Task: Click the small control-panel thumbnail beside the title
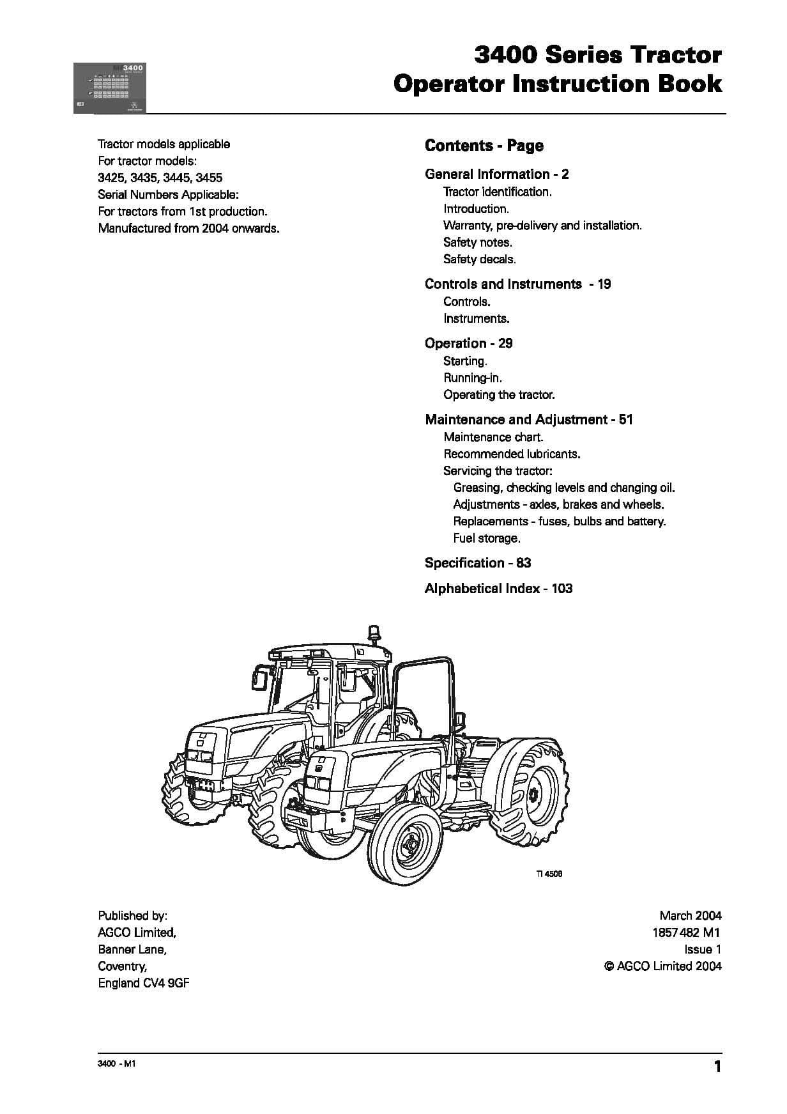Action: coord(110,88)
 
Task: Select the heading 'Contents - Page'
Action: coord(484,146)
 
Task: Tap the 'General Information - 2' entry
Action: coord(496,174)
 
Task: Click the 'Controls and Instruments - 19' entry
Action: coord(517,284)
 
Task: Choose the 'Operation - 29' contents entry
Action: coord(468,343)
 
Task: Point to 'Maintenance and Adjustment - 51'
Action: coord(528,420)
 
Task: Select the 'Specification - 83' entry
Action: coord(477,563)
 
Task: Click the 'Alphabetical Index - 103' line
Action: coord(498,589)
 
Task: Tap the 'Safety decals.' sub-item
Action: coord(479,259)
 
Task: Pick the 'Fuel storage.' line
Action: coord(486,538)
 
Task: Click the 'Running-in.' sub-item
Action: coord(472,378)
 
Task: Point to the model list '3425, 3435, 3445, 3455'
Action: coord(160,178)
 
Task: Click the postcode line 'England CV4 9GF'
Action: coord(143,983)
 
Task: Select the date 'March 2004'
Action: coord(690,916)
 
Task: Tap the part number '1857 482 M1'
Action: coord(686,932)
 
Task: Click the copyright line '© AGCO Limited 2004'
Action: coord(662,966)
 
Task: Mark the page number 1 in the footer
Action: coord(717,1067)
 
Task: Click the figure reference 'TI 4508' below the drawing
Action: coord(549,874)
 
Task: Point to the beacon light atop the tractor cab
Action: coord(373,632)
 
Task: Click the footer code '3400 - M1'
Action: coord(116,1064)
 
